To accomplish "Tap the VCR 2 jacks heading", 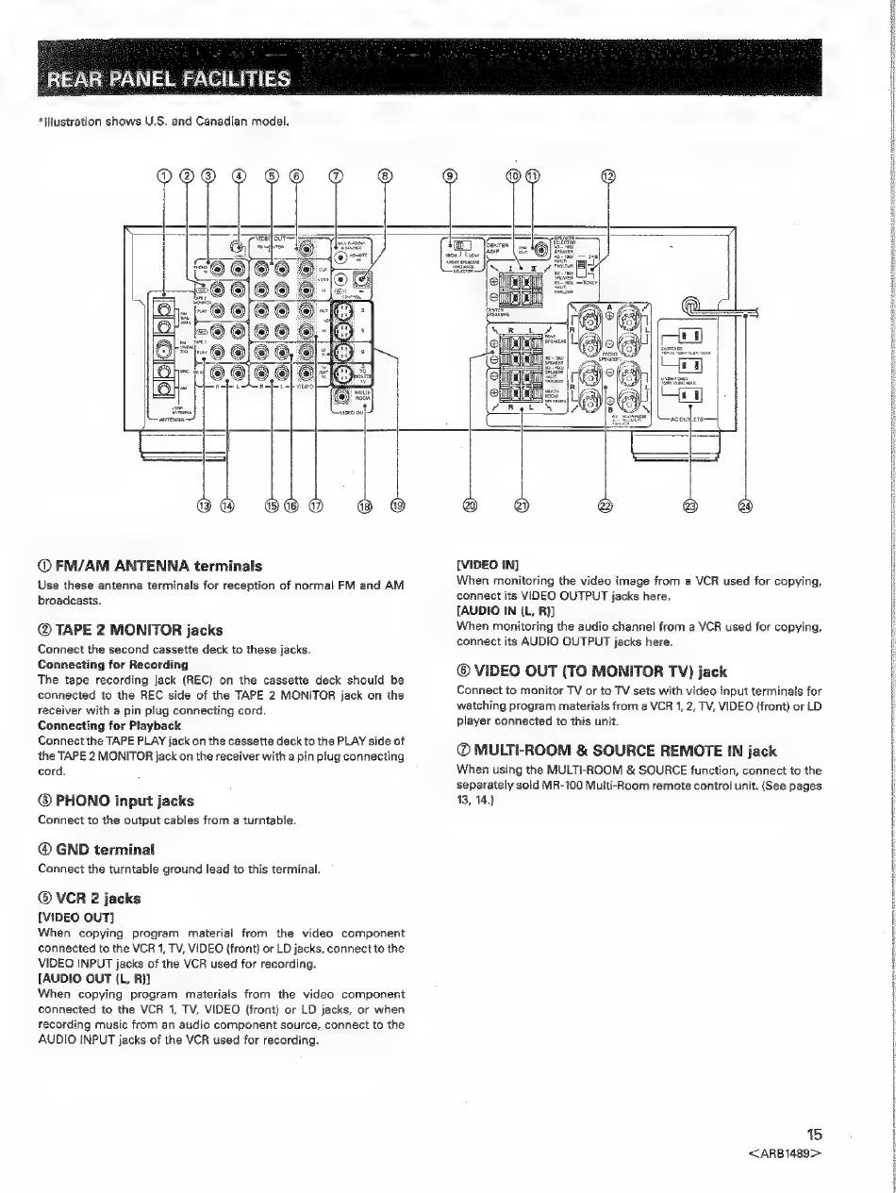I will [91, 899].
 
